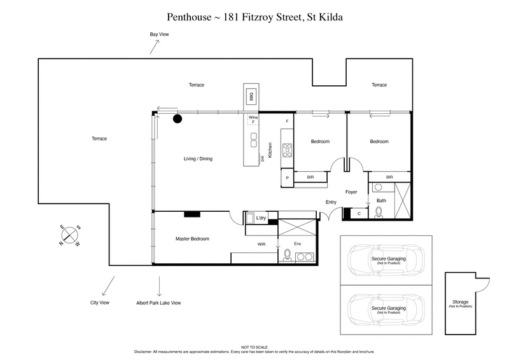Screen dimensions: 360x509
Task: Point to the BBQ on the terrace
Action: click(x=251, y=97)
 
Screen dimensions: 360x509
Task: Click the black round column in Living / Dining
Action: click(x=179, y=118)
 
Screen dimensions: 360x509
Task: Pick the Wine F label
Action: click(x=253, y=120)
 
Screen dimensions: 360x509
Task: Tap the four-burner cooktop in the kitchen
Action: click(x=286, y=151)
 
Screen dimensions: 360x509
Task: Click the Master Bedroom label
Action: click(x=192, y=239)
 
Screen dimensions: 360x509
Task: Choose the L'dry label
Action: click(x=260, y=218)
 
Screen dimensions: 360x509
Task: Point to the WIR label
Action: click(x=260, y=243)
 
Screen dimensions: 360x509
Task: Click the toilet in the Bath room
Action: click(x=379, y=211)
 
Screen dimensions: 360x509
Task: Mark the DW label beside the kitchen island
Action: click(x=261, y=158)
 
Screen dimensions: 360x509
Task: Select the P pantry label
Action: click(x=288, y=178)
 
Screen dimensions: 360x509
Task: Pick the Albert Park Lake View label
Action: click(x=158, y=303)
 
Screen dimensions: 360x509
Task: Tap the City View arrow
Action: click(x=108, y=284)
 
